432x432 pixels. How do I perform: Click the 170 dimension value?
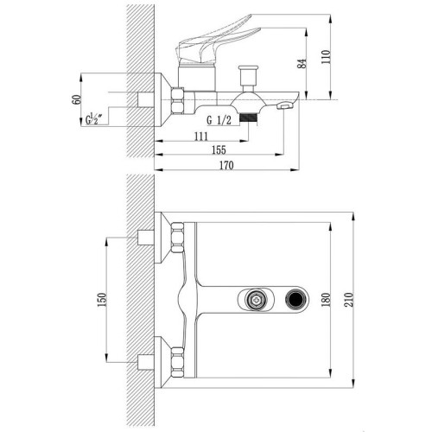coord(226,166)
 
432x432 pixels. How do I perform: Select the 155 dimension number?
coord(219,150)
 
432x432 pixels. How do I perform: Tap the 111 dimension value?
coord(201,137)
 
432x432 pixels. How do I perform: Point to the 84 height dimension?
coord(302,63)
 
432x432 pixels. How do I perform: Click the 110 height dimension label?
coord(326,57)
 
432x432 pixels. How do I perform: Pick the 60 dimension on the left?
coord(77,99)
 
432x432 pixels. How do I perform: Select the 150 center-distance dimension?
coord(102,300)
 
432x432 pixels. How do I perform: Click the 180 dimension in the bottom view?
coord(326,300)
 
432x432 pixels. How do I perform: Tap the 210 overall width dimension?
coord(348,300)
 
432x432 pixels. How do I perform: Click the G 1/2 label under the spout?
coord(219,120)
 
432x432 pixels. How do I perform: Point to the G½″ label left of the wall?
coord(94,118)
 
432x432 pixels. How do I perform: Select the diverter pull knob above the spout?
coord(248,75)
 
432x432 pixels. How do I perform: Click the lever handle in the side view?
coord(213,41)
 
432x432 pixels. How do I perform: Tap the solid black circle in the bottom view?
coord(295,299)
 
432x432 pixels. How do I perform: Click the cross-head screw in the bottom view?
coord(256,300)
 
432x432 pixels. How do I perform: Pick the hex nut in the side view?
coord(178,100)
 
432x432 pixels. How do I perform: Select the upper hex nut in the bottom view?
coord(178,238)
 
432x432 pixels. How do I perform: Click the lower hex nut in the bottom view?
coord(178,362)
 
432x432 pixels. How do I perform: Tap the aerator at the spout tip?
coord(284,106)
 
